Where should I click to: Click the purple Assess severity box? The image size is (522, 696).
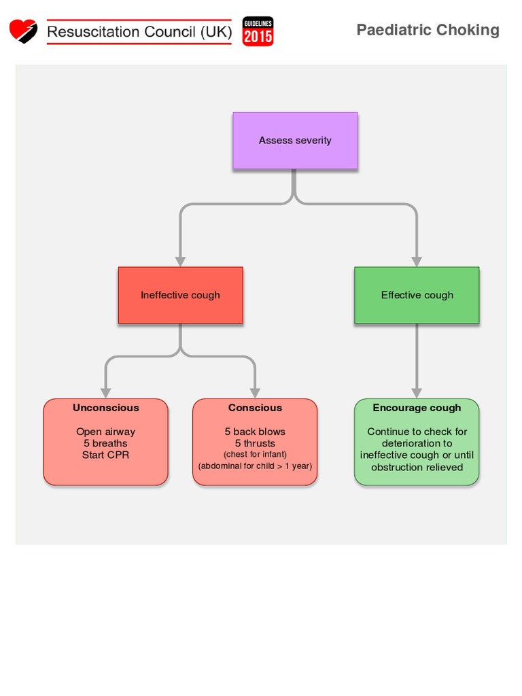tap(295, 141)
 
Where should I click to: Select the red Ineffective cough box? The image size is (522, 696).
tap(180, 295)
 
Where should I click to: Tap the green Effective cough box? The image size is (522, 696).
tap(417, 295)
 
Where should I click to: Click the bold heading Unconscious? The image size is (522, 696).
tap(106, 408)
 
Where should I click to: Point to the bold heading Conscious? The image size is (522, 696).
tap(255, 408)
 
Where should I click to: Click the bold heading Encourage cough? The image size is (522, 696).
tap(417, 408)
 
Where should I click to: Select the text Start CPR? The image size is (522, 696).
tap(105, 455)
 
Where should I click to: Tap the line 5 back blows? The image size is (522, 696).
tap(255, 432)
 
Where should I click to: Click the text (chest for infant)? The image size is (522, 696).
tap(255, 454)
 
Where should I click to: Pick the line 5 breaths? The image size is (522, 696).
tap(105, 443)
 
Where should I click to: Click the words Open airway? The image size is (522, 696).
tap(105, 432)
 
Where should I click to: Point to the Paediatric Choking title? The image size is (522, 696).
tap(428, 30)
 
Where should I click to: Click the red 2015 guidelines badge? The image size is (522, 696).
tap(258, 31)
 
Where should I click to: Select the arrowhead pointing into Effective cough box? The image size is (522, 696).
tap(417, 261)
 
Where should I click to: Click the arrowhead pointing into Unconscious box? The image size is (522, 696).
tap(106, 393)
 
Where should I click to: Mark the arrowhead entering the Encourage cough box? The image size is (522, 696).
tap(417, 393)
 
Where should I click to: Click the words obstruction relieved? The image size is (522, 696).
tap(417, 467)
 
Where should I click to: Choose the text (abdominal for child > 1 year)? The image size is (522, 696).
tap(255, 467)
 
